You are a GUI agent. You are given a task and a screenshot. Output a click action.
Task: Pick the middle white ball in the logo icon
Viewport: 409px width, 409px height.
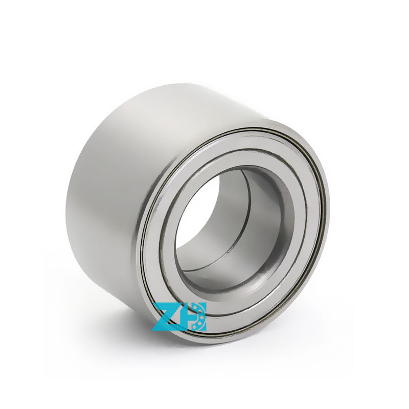click(x=202, y=316)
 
